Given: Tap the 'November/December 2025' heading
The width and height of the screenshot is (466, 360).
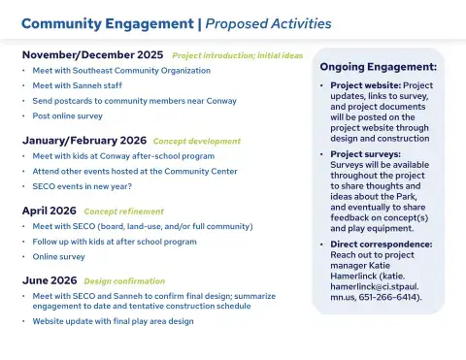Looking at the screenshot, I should [92, 55].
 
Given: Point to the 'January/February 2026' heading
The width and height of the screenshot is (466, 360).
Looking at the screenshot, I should [84, 140].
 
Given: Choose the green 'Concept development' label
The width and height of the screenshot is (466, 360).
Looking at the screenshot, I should [196, 141].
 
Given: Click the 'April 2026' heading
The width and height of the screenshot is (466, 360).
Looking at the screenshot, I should [49, 211].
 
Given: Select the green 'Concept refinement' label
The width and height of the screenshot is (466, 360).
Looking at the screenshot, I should [123, 211].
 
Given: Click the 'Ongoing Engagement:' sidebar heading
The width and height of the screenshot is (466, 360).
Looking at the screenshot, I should [378, 67].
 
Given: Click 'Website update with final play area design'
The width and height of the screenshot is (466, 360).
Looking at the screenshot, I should [113, 320].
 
